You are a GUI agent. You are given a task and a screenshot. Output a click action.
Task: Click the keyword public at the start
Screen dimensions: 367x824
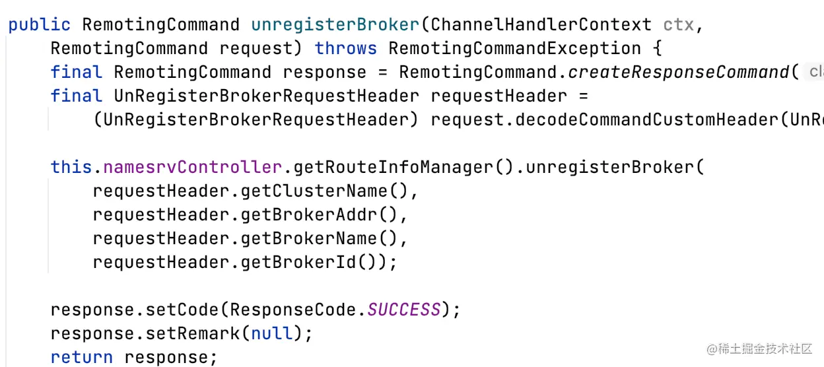tap(39, 25)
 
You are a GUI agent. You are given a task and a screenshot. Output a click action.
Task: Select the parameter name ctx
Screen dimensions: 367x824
tap(678, 25)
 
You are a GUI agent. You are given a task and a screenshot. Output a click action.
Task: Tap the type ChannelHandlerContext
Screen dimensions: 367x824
tap(542, 25)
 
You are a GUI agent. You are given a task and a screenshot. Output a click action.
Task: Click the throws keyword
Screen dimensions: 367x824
tap(346, 49)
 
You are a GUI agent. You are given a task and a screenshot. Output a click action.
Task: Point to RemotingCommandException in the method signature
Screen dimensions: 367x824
tap(515, 49)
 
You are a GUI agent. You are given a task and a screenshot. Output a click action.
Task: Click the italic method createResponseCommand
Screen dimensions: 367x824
tap(679, 73)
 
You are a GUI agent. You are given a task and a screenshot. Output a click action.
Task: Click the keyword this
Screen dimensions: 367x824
tap(71, 168)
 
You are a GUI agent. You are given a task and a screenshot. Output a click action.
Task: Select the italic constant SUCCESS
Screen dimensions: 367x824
tap(403, 310)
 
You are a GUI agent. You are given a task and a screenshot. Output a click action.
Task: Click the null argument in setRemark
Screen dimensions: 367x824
tap(272, 333)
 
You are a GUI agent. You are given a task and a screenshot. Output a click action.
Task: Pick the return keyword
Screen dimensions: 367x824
tap(82, 357)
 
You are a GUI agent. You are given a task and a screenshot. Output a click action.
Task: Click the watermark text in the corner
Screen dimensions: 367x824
tap(759, 349)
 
